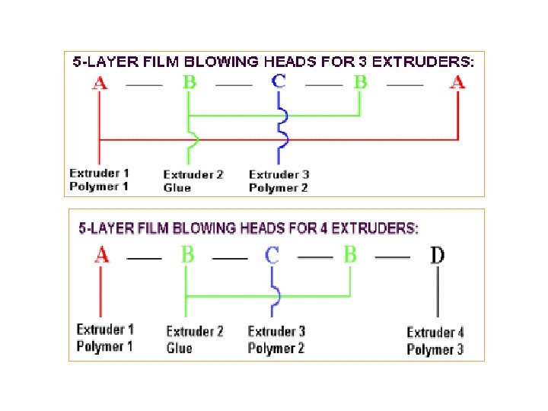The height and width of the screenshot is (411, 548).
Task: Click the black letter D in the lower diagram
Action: coord(438,255)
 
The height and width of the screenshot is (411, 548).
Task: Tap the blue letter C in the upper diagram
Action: coord(279,81)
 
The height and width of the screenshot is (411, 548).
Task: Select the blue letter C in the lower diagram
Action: coord(272,254)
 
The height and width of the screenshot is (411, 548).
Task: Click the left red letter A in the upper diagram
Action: coord(100,82)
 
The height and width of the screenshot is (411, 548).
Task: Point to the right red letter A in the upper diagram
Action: coord(457,82)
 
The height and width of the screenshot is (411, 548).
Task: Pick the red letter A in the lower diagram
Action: coord(101,254)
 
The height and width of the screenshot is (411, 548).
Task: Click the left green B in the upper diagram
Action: coord(189,82)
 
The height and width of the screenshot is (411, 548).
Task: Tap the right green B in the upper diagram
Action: coord(360,82)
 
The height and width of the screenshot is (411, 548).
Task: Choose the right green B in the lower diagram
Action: coord(350,254)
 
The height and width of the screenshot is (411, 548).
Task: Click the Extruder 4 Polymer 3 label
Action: coord(435,341)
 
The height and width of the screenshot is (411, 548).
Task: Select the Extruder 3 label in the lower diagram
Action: coord(276,331)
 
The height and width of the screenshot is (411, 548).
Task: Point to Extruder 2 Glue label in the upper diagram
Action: coord(193,181)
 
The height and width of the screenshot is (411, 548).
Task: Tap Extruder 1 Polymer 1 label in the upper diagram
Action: coord(99,180)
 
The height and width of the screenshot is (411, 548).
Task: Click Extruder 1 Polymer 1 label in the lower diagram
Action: coord(105,338)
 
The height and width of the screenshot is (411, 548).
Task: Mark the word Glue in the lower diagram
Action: coord(179,349)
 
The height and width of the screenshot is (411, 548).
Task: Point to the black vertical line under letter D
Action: coord(438,293)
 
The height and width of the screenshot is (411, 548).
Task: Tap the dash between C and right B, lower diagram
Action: coord(314,257)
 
